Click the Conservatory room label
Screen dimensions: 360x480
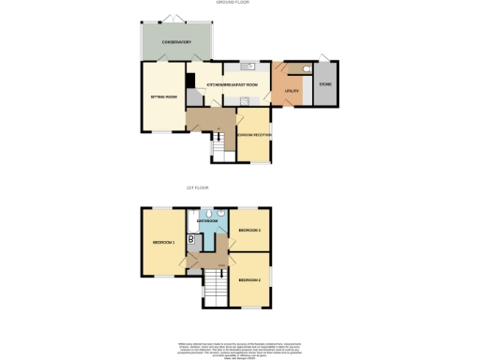tap(176, 42)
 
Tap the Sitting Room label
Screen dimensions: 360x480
tap(165, 96)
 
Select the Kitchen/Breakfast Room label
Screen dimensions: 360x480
tap(232, 84)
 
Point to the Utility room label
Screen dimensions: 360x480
tap(291, 91)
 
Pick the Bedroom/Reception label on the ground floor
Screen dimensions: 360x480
tap(253, 135)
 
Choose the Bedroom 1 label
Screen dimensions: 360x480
tap(164, 242)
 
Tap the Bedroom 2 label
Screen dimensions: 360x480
tap(249, 279)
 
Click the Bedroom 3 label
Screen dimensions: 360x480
tap(249, 230)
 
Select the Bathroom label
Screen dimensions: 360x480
tap(208, 221)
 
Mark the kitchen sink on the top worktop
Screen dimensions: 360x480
tap(247, 67)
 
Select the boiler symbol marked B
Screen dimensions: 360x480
tap(191, 239)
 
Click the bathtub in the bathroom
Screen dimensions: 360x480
tap(191, 222)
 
